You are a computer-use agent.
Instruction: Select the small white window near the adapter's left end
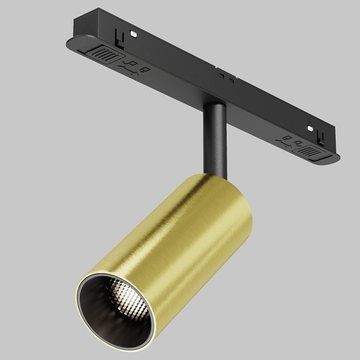[134, 35]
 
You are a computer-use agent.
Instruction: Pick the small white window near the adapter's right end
[310, 128]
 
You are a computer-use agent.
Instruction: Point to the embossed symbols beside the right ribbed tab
[289, 141]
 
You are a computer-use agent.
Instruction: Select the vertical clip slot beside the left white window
[121, 40]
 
